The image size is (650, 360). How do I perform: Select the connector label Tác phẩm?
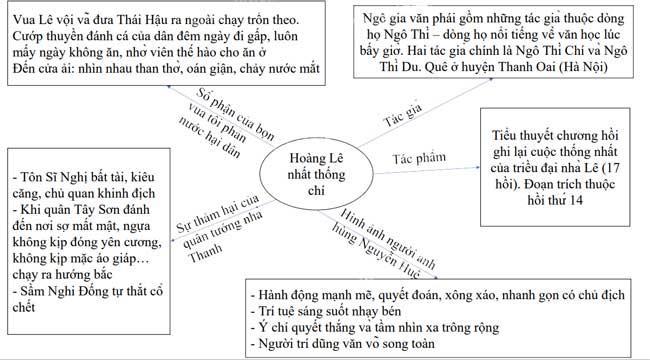coord(419,158)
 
